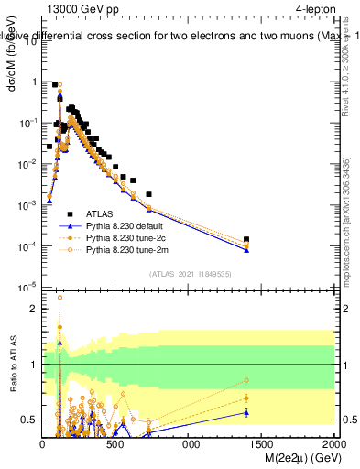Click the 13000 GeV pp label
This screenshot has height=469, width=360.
[x=82, y=9]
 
